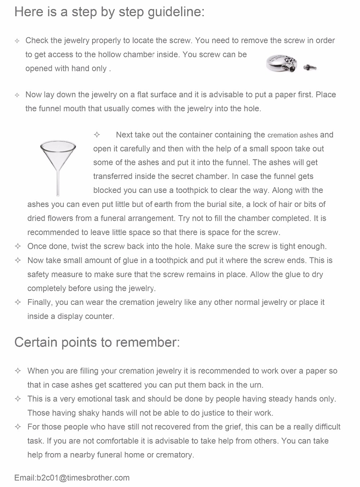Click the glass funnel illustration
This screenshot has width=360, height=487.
(58, 158)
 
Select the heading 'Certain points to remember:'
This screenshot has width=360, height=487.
(97, 342)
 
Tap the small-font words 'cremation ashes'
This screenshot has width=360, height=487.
(293, 135)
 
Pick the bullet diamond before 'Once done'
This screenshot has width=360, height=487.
(18, 246)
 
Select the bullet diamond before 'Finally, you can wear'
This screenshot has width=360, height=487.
(18, 302)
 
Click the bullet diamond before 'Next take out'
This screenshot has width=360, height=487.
(96, 135)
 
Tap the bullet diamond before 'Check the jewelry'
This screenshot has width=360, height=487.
(17, 41)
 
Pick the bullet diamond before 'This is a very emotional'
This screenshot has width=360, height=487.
(18, 399)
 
